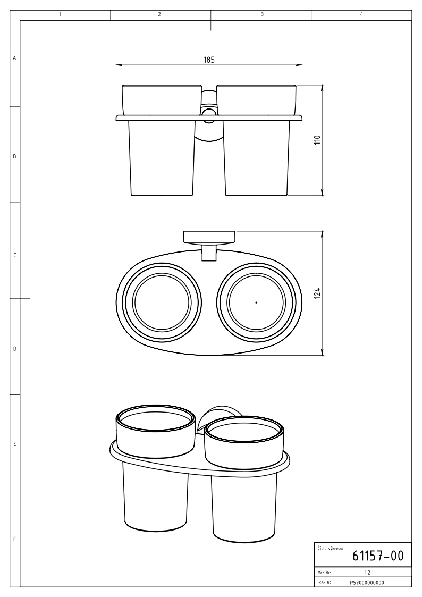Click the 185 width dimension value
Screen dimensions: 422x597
click(x=209, y=60)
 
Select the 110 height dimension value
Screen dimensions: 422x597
click(x=318, y=140)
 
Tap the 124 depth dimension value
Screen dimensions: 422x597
click(x=318, y=293)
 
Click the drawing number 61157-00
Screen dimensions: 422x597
click(x=377, y=556)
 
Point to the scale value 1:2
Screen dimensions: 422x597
click(x=368, y=573)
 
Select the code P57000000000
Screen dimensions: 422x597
click(x=367, y=583)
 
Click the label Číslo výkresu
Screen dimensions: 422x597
click(x=330, y=548)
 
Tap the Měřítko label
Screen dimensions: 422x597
click(x=325, y=573)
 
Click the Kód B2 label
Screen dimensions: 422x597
click(x=325, y=583)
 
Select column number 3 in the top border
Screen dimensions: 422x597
click(x=262, y=14)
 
